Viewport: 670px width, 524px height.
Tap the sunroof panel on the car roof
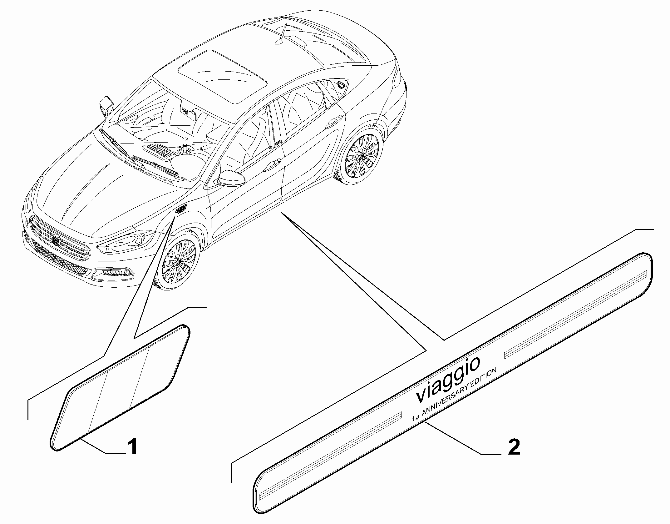(223, 76)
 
